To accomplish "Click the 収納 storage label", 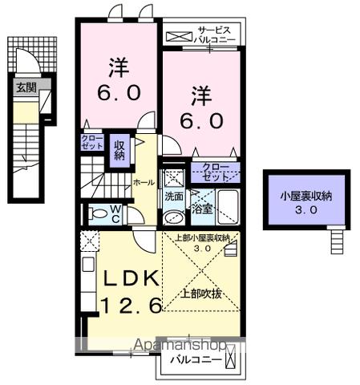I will point(119,150).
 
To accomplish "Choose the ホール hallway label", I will point(144,182).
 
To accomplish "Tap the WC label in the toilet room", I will point(116,214).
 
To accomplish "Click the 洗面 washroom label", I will point(174,196).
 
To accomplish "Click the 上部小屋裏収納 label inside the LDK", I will point(203,238).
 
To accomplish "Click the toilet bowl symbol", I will point(98,214).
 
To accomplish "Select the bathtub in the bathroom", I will point(229,206).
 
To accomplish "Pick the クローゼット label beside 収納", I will point(91,144).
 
